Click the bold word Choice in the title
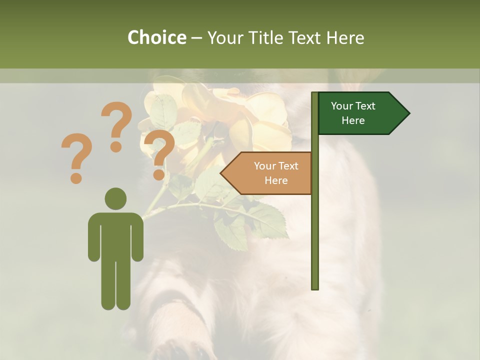coord(156,37)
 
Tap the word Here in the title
coord(345,37)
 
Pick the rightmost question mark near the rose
coord(159,152)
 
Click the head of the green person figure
coord(115,198)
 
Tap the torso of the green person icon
coord(115,235)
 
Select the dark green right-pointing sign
coord(360,113)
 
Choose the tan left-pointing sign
coord(270,173)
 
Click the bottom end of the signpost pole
coord(315,287)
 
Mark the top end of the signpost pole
coord(315,94)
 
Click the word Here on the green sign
coord(353,120)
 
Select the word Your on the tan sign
coord(265,166)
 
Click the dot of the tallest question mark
coord(116,147)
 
